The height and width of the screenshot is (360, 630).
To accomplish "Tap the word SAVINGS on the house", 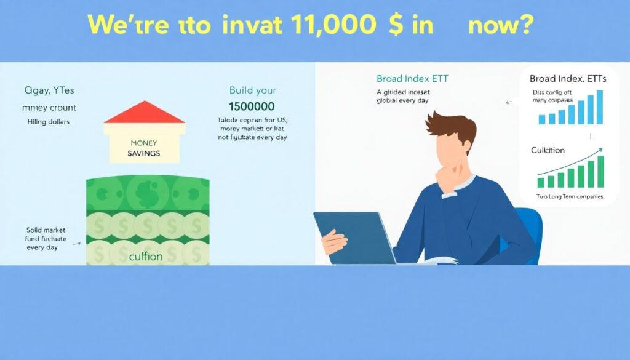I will [145, 152].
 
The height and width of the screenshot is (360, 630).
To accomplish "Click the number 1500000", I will [252, 106].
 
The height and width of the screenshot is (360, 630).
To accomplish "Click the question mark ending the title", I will [525, 25].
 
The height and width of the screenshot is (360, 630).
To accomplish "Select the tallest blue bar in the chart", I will [599, 107].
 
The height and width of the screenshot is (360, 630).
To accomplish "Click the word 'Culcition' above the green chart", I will [548, 150].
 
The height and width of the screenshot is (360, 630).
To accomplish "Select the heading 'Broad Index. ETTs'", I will [567, 79].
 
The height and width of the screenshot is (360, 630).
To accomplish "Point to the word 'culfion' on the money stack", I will [146, 256].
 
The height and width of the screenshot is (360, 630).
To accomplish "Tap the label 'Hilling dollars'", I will [49, 122].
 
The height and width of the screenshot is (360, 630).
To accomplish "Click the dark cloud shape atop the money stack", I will [147, 189].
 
